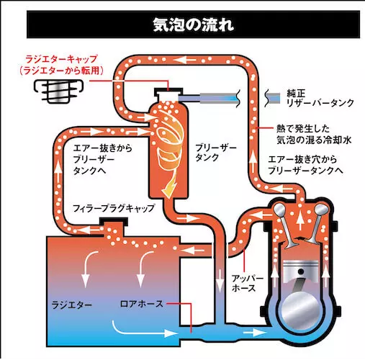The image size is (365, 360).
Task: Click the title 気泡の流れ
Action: click(x=193, y=24)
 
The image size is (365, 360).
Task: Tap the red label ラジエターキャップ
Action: click(x=61, y=59)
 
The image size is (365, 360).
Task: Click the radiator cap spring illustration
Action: click(x=58, y=91)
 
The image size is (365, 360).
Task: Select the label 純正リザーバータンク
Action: click(x=320, y=98)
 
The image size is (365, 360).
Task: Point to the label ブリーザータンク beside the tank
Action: click(x=216, y=153)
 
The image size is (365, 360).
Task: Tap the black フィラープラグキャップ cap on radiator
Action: click(x=114, y=222)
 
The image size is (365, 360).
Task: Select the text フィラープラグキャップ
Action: click(x=114, y=208)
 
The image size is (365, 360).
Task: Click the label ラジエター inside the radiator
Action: click(x=72, y=305)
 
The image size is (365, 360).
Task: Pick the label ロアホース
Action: click(x=141, y=304)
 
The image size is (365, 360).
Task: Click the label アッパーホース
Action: click(x=247, y=283)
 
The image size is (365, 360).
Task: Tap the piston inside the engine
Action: click(x=300, y=271)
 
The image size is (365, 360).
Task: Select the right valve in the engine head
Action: click(x=316, y=225)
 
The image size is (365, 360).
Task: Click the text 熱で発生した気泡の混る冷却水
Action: click(x=314, y=134)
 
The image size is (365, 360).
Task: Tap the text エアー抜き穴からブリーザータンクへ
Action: click(x=305, y=165)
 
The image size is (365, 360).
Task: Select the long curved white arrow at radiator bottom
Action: click(x=145, y=330)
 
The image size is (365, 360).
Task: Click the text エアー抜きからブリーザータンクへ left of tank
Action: click(x=103, y=159)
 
